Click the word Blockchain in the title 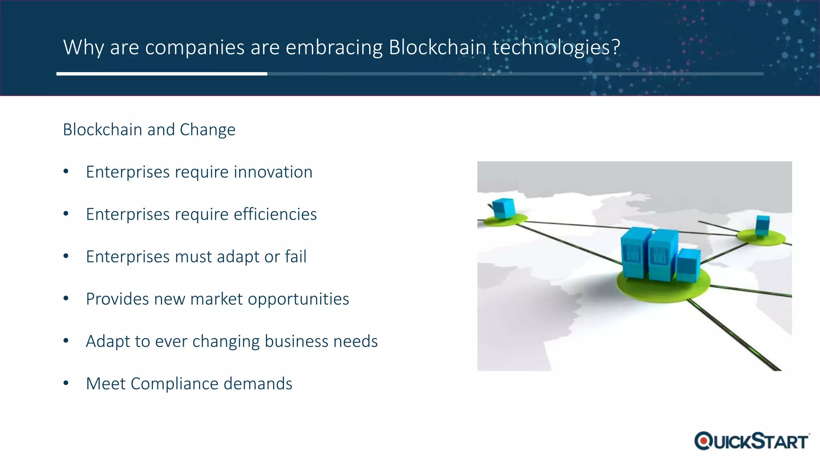point(437,47)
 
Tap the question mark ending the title point(616,47)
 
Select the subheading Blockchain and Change point(149,130)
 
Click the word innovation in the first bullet point(273,172)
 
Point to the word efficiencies point(275,214)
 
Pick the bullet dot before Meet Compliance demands point(66,383)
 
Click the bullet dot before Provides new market point(66,299)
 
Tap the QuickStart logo point(752,441)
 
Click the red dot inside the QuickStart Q point(703,441)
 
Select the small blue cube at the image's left point(503,208)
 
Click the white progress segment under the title point(162,74)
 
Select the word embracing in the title point(334,47)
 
